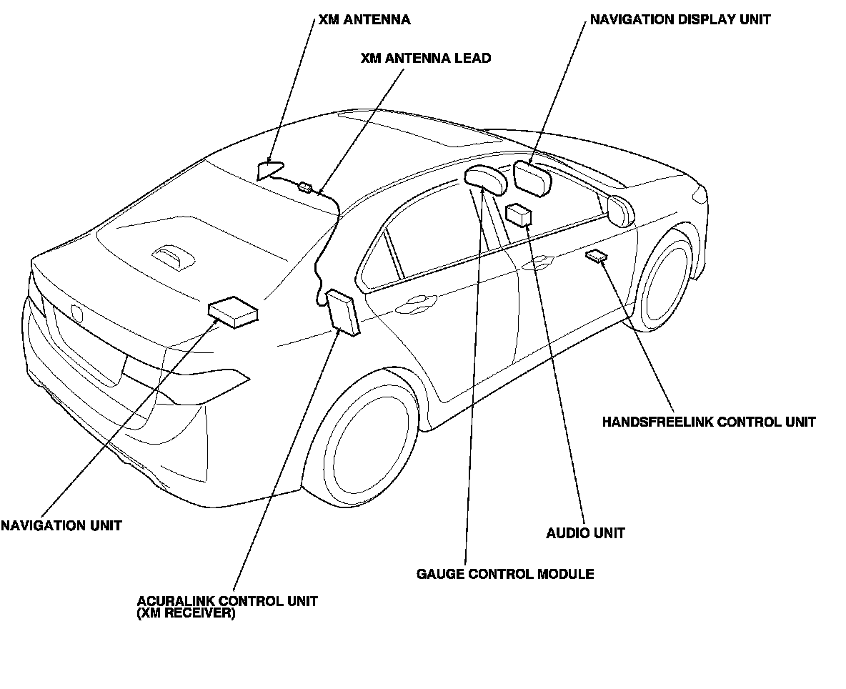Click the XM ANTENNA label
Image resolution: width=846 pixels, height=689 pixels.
364,20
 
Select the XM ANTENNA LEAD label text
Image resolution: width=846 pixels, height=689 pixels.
426,59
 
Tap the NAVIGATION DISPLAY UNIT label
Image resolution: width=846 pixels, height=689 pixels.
680,20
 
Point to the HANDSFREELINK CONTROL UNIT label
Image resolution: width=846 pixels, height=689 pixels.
708,422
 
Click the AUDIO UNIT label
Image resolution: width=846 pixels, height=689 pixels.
585,533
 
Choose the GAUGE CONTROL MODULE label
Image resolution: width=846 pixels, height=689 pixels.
505,574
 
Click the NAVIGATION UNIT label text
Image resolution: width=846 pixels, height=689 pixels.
61,526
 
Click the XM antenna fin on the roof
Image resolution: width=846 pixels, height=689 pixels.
269,170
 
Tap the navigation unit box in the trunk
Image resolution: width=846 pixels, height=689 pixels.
232,312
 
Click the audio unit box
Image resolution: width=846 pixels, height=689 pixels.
518,214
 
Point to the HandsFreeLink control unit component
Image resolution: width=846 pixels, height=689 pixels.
594,256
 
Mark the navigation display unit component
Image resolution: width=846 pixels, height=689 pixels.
532,178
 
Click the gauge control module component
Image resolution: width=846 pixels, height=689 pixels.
485,180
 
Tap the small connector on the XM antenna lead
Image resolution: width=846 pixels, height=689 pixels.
305,187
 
